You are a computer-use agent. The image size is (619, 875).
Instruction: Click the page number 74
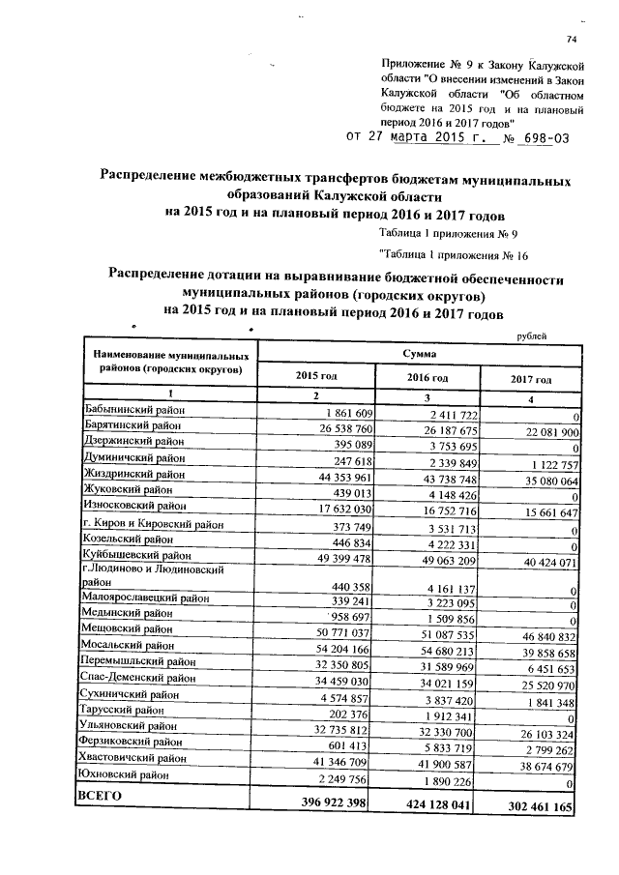571,39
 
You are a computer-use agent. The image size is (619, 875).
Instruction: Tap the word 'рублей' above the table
537,335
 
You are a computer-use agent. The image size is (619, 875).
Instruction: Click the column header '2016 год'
427,377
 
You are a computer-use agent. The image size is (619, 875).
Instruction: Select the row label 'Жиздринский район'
133,475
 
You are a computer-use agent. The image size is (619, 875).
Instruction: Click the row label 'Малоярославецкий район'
145,598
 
